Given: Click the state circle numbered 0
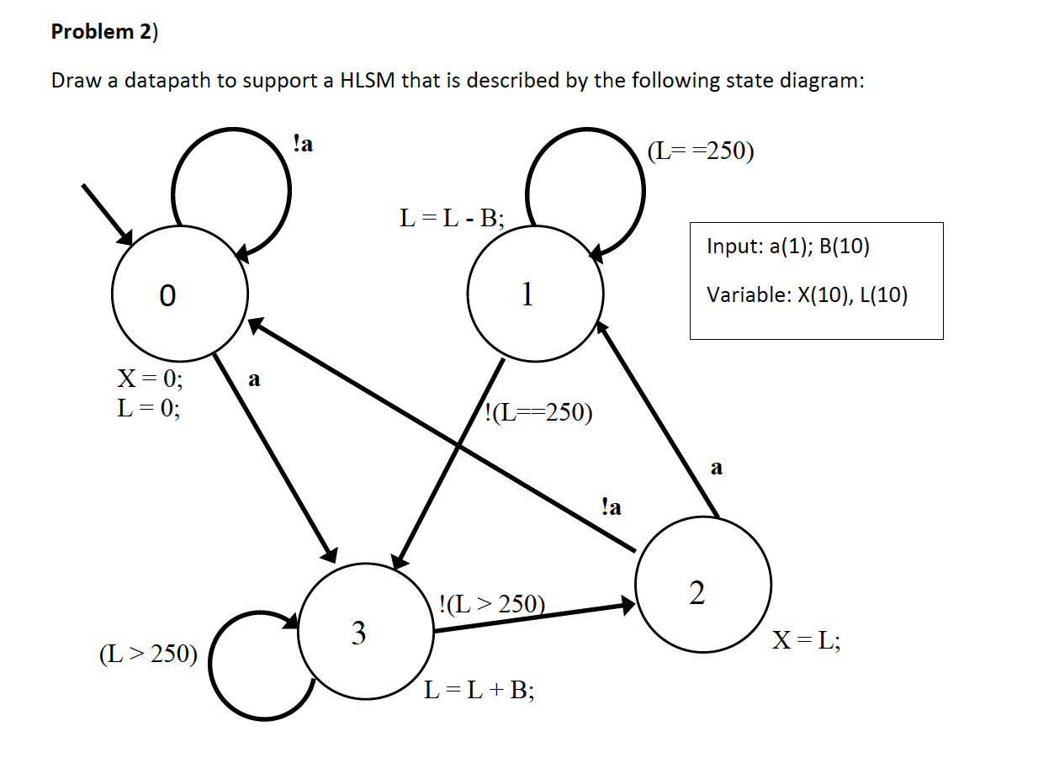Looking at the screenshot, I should pos(179,295).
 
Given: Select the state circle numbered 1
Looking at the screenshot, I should pos(536,294).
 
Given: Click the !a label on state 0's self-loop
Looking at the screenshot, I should pos(303,144).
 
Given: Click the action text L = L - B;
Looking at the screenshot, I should pos(452,220).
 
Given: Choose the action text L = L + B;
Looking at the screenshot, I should pos(479,691).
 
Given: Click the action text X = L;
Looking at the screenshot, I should pos(805,642).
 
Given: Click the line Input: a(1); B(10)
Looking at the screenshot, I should pos(788,246).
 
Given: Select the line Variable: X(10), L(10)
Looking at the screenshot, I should pos(807,295).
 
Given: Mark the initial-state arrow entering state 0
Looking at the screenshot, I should pos(108,214).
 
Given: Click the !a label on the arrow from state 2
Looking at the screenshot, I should pos(612,506).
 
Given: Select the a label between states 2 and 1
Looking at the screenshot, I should pos(716,467).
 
